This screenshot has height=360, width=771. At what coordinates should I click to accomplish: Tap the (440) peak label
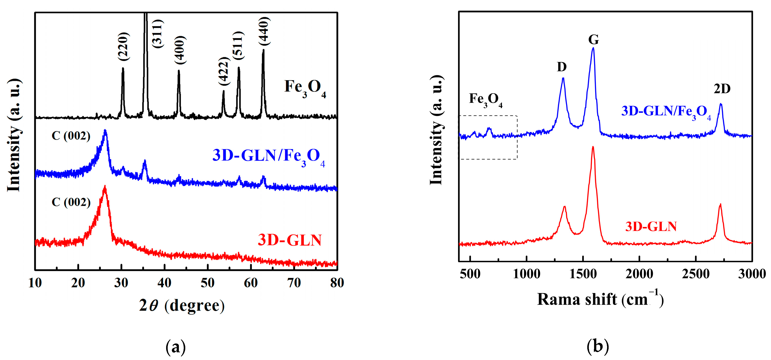[264, 31]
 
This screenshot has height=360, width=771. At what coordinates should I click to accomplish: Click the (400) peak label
[180, 50]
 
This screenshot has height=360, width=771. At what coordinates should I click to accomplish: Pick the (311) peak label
[158, 33]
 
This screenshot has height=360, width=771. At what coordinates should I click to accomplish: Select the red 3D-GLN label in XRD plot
[289, 240]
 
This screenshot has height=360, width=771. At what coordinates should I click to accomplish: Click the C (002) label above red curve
[71, 202]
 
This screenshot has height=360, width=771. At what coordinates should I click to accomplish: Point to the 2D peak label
[722, 89]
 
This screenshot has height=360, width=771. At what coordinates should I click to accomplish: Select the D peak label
[562, 67]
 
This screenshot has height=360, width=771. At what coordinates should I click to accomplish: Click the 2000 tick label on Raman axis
[639, 274]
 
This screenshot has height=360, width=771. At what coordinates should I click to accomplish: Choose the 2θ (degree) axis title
[182, 305]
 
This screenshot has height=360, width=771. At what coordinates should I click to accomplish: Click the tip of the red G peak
[593, 147]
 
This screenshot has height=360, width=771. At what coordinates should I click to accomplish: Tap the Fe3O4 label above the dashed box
[485, 100]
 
